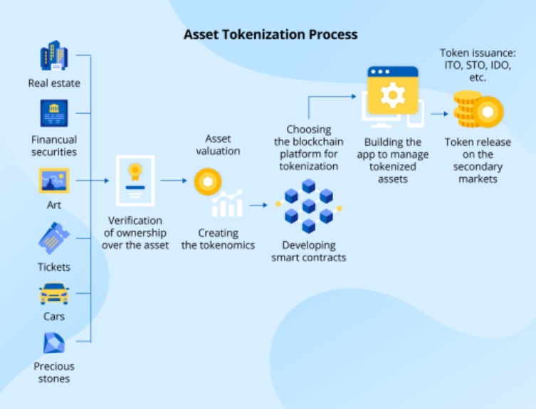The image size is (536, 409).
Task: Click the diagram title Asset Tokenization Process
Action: pos(270,34)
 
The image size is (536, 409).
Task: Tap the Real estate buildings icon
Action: pos(54,56)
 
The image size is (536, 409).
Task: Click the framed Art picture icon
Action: pos(54,181)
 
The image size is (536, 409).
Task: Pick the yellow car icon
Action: pos(54,293)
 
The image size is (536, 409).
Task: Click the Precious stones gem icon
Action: pos(54,344)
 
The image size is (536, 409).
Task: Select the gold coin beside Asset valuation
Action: pos(208,181)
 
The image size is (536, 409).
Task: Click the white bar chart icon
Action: pos(227,204)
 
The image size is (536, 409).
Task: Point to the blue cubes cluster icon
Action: pos(308,206)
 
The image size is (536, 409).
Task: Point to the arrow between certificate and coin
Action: pos(174,181)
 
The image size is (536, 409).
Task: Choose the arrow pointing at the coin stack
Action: pos(440,112)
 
